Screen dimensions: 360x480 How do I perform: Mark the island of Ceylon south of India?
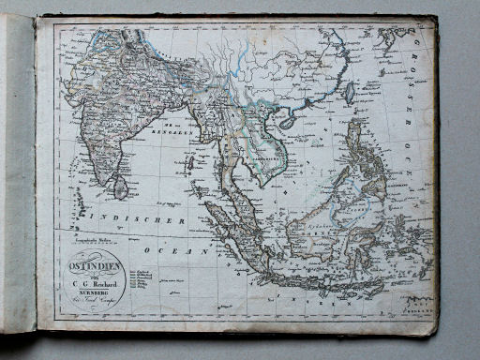coord(120,187)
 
